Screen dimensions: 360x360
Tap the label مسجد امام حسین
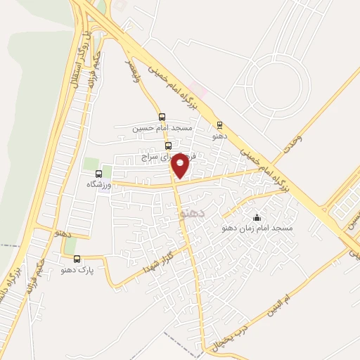[162, 128]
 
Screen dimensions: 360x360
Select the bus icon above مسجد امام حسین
[162, 117]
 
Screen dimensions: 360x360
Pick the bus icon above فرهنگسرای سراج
[167, 146]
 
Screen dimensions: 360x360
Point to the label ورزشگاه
[99, 184]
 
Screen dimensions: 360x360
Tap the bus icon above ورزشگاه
[98, 173]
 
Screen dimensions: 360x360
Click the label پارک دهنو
[77, 269]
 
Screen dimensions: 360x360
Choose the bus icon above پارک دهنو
[77, 259]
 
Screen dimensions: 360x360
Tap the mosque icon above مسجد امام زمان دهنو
[256, 217]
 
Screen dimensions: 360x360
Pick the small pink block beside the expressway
[199, 91]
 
